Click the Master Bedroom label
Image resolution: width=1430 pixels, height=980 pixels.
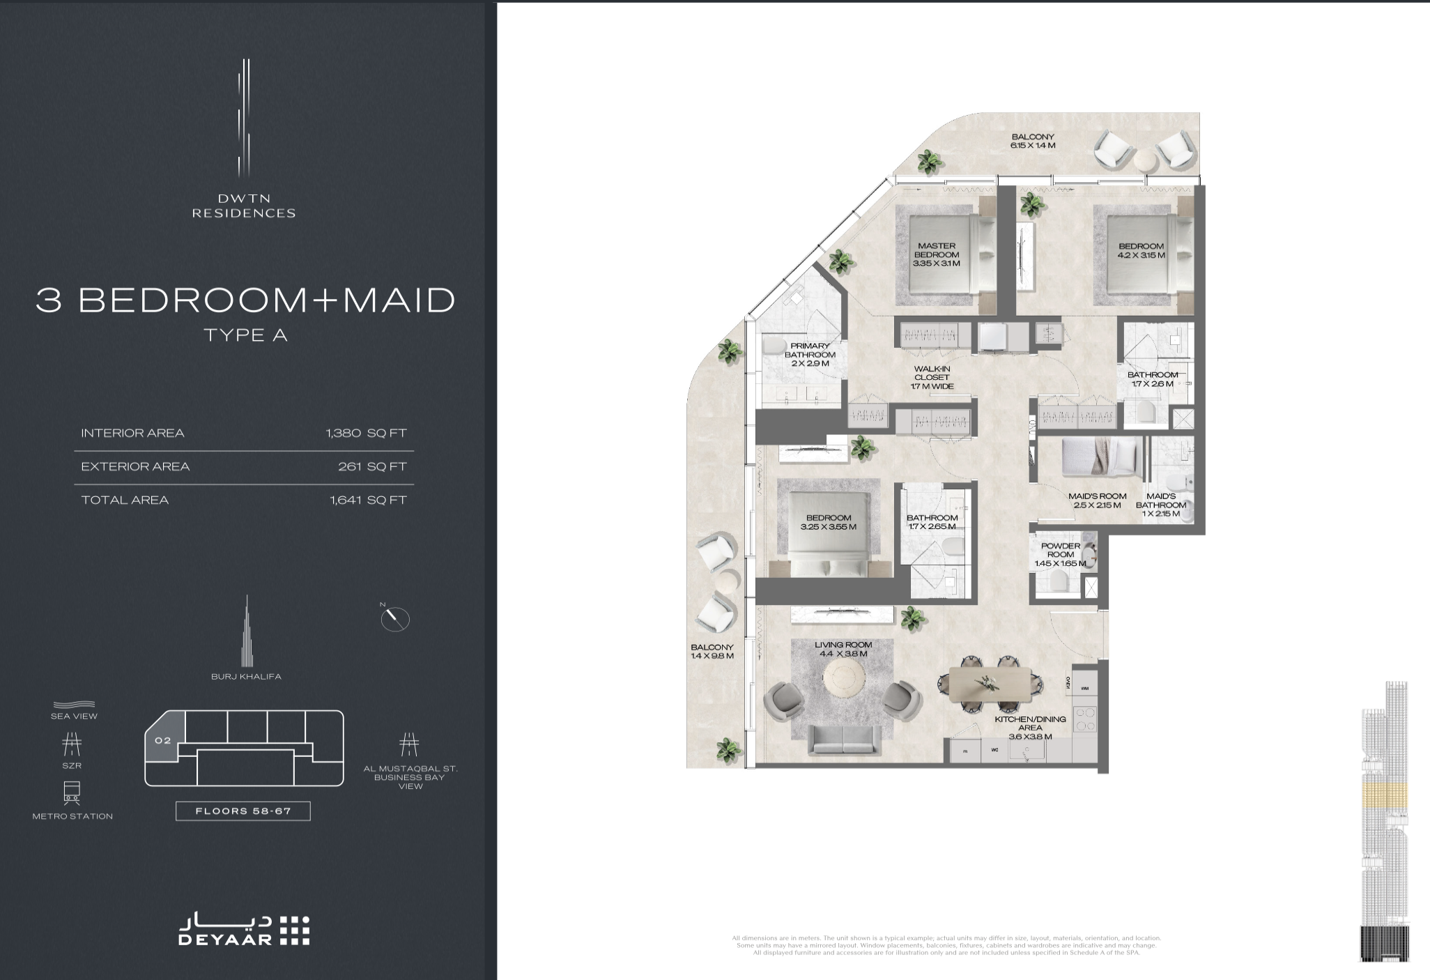(937, 254)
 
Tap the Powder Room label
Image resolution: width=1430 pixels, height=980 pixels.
(1060, 554)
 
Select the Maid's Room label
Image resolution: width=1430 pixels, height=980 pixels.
(1097, 500)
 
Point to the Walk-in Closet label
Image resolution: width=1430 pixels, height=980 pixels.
(932, 377)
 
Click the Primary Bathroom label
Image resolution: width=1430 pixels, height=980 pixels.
(810, 354)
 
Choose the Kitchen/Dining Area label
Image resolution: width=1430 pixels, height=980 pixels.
(1030, 727)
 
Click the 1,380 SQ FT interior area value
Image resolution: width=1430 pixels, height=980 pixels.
(366, 433)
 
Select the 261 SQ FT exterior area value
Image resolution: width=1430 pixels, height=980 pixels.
(372, 466)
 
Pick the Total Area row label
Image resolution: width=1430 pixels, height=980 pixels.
(125, 500)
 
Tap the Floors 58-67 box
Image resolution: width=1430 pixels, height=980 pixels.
(243, 811)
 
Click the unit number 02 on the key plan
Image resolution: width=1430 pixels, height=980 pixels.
(163, 740)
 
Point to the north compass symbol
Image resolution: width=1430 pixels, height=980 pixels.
(395, 618)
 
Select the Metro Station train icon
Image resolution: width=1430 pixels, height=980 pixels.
(72, 793)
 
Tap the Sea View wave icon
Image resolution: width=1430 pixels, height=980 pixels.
(74, 705)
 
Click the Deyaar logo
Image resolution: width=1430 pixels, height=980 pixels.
(244, 930)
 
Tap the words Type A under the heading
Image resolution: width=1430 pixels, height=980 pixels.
(245, 335)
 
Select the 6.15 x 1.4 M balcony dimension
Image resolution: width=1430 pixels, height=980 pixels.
(1033, 146)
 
